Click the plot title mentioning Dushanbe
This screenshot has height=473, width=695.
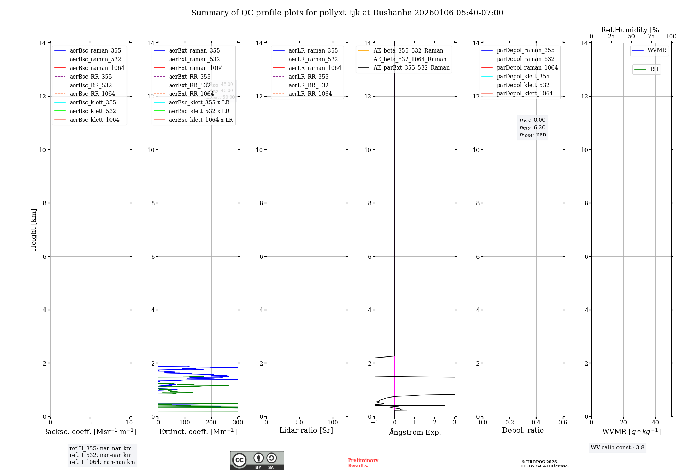(x=347, y=13)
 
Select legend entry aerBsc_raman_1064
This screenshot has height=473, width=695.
(x=97, y=68)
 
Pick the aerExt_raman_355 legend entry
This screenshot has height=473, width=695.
(x=194, y=51)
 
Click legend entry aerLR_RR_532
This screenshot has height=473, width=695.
(x=308, y=85)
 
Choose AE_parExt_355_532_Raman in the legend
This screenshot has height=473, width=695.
(x=411, y=68)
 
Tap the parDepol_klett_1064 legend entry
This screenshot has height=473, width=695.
(x=524, y=94)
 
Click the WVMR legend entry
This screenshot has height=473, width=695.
(x=656, y=50)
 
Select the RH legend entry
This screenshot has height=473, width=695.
(x=654, y=69)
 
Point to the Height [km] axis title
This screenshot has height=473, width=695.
(x=33, y=230)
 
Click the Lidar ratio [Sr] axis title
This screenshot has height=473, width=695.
(x=306, y=431)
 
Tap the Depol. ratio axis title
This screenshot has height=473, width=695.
(x=523, y=431)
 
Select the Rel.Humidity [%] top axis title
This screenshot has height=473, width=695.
(x=631, y=30)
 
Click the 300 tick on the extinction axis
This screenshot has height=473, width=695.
(x=238, y=423)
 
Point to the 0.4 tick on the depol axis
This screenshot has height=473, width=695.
(x=536, y=423)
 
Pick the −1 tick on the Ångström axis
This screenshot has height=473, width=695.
(x=375, y=423)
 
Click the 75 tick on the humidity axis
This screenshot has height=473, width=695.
(x=651, y=37)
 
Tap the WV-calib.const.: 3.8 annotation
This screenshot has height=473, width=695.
(x=617, y=448)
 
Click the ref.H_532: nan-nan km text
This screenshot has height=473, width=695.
(x=100, y=455)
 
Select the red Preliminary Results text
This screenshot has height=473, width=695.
(x=363, y=463)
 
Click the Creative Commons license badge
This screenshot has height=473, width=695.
(x=257, y=460)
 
